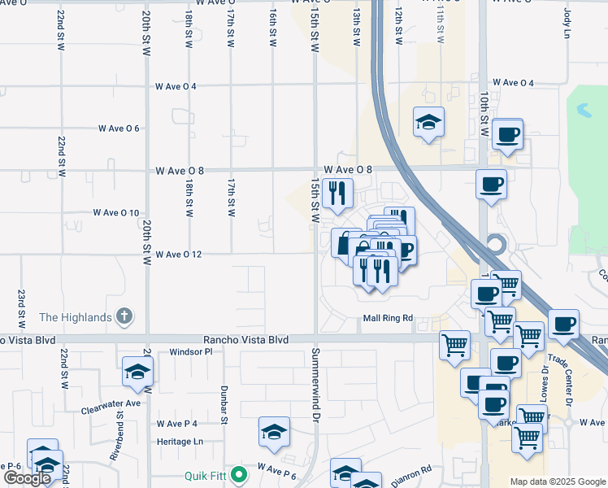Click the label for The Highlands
coord(75,317)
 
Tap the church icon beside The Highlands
coord(124,316)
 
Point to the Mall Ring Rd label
coord(388,318)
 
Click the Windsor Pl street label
coord(190,352)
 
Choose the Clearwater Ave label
coord(111,403)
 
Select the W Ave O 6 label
coord(119,129)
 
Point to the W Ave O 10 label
coord(116,212)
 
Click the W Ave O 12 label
coord(178,255)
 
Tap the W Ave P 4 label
coord(177,424)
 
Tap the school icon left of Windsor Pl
coord(137,372)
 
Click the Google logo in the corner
coord(28,478)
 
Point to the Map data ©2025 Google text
coord(556,481)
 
